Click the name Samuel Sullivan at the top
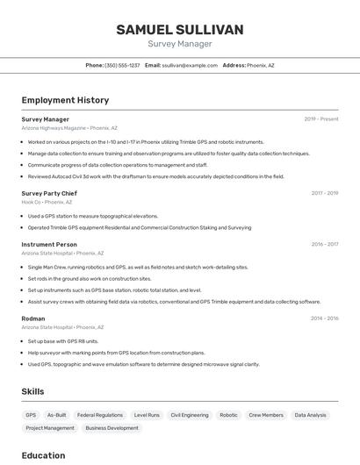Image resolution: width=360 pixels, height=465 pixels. pyautogui.click(x=180, y=30)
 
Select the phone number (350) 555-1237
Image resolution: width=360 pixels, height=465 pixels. pyautogui.click(x=122, y=65)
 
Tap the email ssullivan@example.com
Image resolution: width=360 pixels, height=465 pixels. pyautogui.click(x=190, y=65)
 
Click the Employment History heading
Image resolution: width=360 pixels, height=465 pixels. pyautogui.click(x=65, y=100)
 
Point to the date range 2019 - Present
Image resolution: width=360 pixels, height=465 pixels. pyautogui.click(x=321, y=119)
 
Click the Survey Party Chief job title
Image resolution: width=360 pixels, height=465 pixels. pyautogui.click(x=49, y=193)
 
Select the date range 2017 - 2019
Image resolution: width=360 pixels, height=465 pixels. pyautogui.click(x=324, y=193)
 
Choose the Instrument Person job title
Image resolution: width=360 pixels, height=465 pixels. pyautogui.click(x=49, y=244)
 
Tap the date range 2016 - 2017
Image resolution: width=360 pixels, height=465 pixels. pyautogui.click(x=324, y=244)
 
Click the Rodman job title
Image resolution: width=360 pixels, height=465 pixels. pyautogui.click(x=33, y=318)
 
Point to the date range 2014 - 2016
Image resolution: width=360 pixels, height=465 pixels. pyautogui.click(x=324, y=318)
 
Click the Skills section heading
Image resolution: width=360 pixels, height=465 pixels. pyautogui.click(x=32, y=391)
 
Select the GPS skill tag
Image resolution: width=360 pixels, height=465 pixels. pyautogui.click(x=31, y=415)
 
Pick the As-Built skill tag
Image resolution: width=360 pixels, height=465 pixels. pyautogui.click(x=57, y=415)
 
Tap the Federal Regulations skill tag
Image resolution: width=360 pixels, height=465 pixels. pyautogui.click(x=100, y=415)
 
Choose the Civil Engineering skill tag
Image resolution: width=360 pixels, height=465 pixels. pyautogui.click(x=190, y=415)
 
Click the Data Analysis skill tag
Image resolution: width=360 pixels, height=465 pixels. pyautogui.click(x=310, y=415)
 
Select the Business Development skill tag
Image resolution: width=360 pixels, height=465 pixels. pyautogui.click(x=112, y=428)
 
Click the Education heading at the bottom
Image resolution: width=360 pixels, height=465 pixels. pyautogui.click(x=43, y=455)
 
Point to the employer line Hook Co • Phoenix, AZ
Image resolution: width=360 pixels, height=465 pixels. pyautogui.click(x=47, y=202)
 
